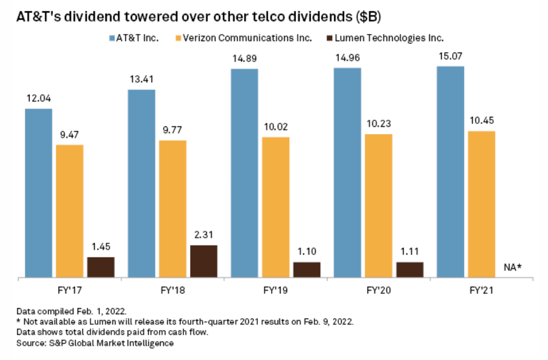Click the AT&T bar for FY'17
(x=38, y=193)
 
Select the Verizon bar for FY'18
(x=173, y=209)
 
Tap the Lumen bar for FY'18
(x=204, y=261)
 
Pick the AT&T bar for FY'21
(x=450, y=172)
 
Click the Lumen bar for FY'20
(x=410, y=269)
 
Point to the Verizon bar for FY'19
(x=276, y=207)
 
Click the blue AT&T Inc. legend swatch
(x=114, y=38)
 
